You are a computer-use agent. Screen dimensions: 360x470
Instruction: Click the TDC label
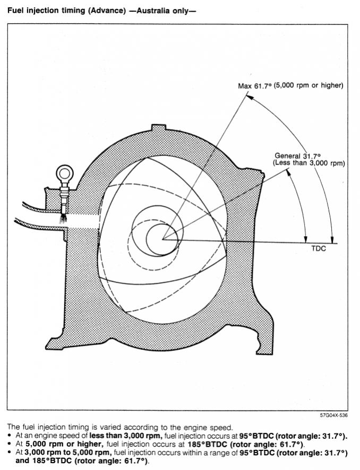319,248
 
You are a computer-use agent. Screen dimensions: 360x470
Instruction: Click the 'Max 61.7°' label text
255,86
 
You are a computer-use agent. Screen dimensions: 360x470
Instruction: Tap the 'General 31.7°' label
297,156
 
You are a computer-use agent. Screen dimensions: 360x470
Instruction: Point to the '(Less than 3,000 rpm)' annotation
308,163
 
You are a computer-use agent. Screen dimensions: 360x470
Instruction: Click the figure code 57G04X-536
333,415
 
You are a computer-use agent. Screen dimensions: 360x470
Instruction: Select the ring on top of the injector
64,173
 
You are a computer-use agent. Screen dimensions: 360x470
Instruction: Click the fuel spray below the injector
63,218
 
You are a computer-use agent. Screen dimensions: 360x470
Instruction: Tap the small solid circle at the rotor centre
162,239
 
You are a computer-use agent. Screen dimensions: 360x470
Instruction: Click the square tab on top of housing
158,127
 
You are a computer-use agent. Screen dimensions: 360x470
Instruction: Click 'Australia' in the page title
157,11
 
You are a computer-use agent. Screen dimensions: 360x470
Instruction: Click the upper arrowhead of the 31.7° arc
289,172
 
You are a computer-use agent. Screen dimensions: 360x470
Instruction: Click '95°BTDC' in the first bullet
256,436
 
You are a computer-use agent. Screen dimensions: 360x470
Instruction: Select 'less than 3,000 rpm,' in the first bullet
126,436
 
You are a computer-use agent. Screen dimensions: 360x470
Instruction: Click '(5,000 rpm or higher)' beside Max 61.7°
308,86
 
